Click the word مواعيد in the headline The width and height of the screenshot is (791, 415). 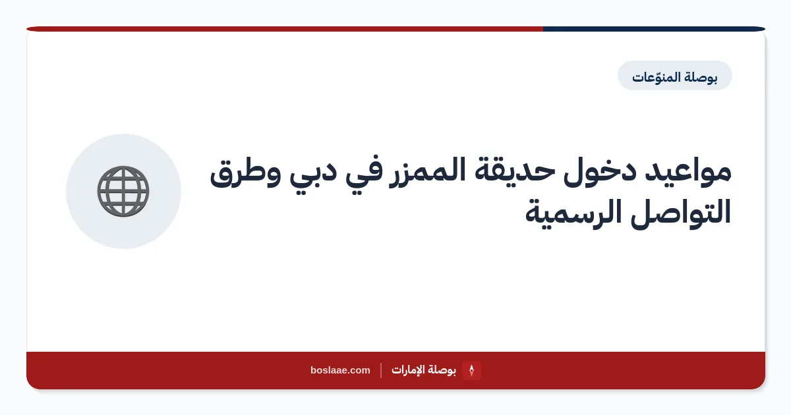(x=688, y=171)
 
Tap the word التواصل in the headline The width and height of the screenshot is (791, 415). (x=680, y=211)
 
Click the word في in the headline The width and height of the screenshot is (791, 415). (x=363, y=174)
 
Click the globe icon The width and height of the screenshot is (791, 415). (x=123, y=191)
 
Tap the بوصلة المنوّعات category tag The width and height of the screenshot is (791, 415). (x=675, y=76)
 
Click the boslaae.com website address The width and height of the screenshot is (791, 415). (x=340, y=370)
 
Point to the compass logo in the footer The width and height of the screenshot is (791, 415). (x=471, y=370)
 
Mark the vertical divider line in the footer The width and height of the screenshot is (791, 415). (x=381, y=370)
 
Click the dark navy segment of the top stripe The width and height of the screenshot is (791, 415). (x=654, y=29)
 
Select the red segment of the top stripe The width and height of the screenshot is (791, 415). (x=285, y=29)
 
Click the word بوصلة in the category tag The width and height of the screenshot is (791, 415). (x=701, y=77)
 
